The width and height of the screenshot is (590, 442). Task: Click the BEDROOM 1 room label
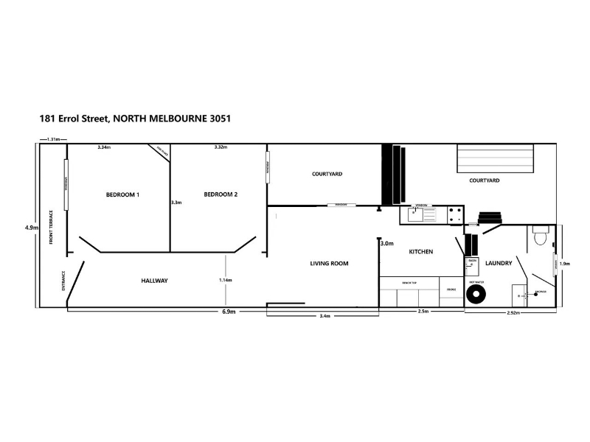123,194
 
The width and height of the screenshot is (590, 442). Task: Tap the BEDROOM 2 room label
221,194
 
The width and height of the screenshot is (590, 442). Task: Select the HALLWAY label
155,281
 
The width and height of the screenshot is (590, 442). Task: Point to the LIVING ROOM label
328,263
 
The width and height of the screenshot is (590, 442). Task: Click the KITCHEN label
420,252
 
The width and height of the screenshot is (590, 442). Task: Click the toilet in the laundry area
540,236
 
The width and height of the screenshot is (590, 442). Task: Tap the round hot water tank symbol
476,295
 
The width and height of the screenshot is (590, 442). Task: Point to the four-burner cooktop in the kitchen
454,214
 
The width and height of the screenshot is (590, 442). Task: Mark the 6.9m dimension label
229,312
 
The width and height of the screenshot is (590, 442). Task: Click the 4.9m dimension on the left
30,228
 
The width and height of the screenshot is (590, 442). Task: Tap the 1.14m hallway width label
226,280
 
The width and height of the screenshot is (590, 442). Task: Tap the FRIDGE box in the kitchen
451,290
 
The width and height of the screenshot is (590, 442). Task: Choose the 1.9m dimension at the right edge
565,264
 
